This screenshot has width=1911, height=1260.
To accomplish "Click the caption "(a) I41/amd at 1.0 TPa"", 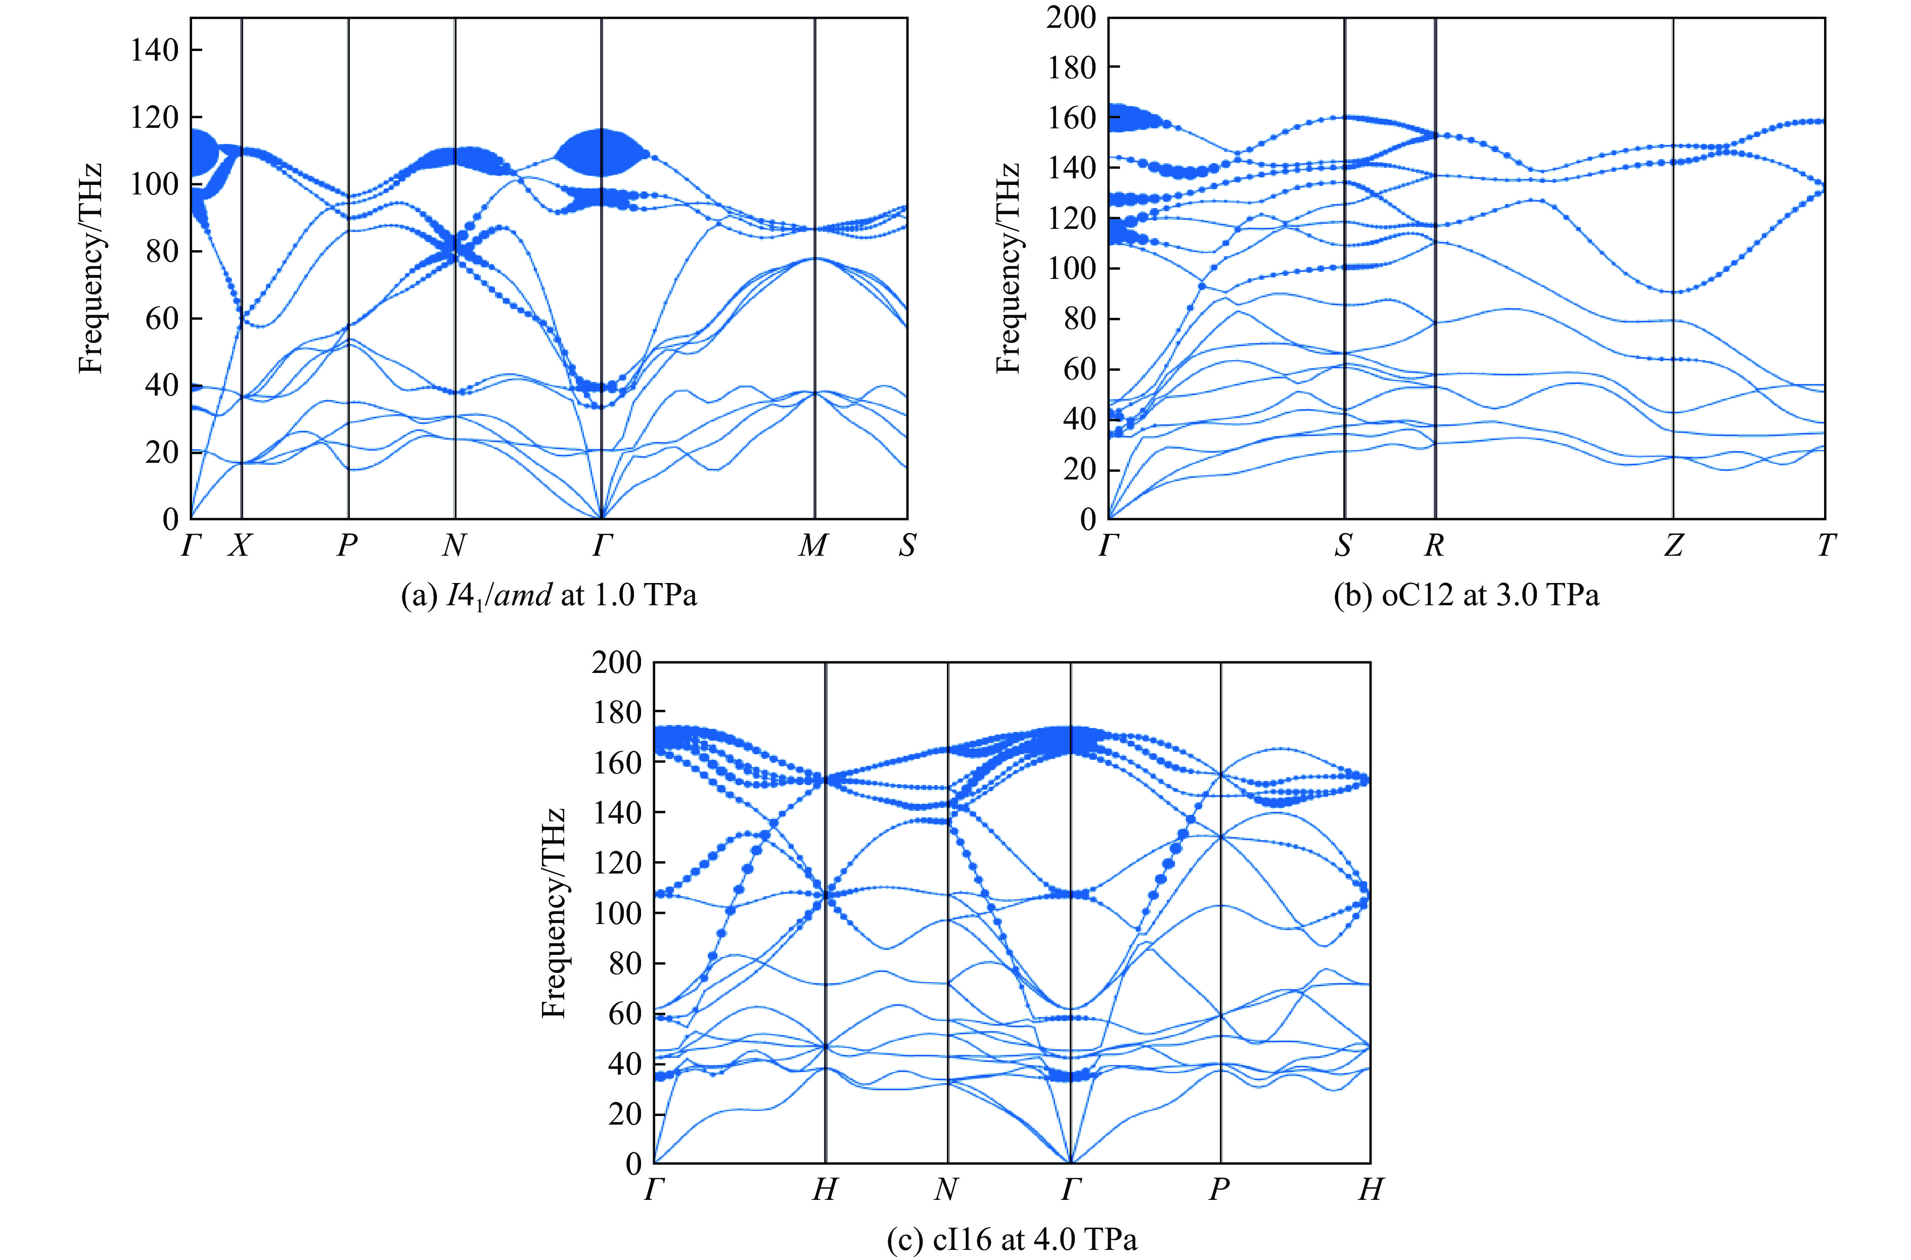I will click(x=549, y=596).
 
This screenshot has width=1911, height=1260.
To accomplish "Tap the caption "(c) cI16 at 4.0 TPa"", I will click(x=1012, y=1239).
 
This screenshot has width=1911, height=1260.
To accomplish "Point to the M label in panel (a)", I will click(x=813, y=546).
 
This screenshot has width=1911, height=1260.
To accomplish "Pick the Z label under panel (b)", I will click(x=1673, y=546).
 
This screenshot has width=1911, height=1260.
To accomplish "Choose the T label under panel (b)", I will click(x=1826, y=546).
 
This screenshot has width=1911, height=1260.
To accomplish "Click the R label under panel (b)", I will click(x=1434, y=546).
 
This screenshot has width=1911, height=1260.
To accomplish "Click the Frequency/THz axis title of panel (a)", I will click(x=91, y=268).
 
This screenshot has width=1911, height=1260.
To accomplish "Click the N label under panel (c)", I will click(x=946, y=1189).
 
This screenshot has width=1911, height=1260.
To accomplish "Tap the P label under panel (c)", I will click(x=1219, y=1189).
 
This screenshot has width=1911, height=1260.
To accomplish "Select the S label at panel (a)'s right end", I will click(x=907, y=546).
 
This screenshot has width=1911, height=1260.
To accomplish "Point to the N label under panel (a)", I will click(x=454, y=546).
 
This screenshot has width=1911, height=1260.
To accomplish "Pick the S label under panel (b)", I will click(x=1343, y=546).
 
